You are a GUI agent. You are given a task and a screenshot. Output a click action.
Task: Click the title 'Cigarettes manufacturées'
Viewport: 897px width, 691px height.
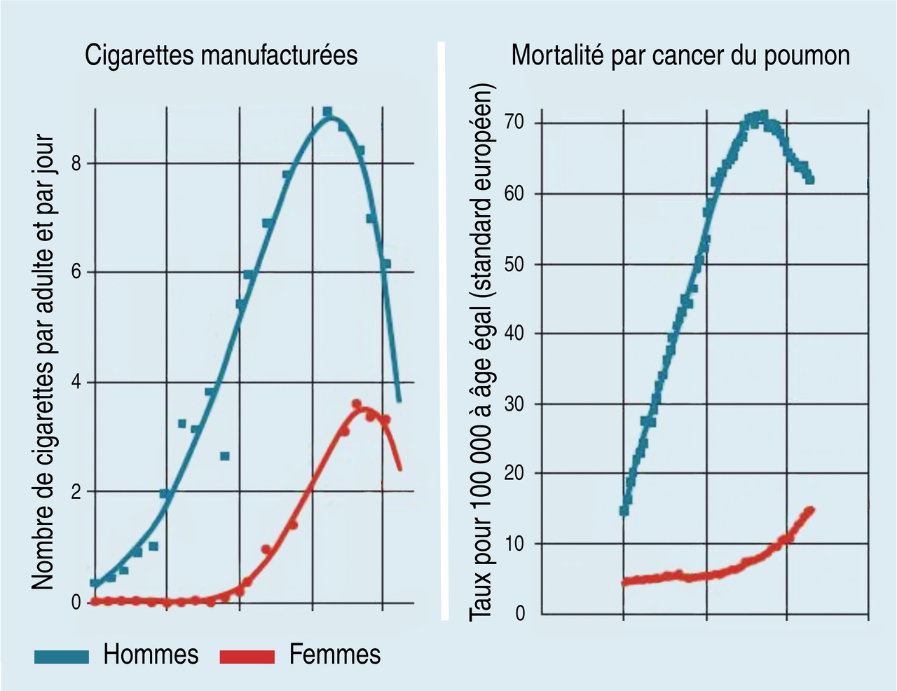pyautogui.click(x=221, y=55)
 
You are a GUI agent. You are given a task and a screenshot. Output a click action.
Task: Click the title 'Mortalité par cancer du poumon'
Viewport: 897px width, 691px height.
pyautogui.click(x=680, y=55)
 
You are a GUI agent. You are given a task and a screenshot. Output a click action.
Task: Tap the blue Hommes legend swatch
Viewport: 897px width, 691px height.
pyautogui.click(x=62, y=657)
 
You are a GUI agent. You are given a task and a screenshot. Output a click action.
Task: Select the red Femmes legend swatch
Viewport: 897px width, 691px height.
pyautogui.click(x=247, y=657)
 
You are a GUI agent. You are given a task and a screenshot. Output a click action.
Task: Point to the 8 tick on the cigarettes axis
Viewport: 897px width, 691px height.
pyautogui.click(x=76, y=163)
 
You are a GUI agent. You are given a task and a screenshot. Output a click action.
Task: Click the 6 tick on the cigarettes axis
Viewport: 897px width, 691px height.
pyautogui.click(x=76, y=272)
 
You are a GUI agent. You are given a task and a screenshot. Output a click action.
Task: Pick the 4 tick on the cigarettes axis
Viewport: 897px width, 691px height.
pyautogui.click(x=76, y=383)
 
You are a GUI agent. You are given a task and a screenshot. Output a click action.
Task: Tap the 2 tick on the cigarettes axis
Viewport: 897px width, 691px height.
pyautogui.click(x=76, y=492)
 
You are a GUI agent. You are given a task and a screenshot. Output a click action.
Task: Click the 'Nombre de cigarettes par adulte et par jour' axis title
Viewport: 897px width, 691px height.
pyautogui.click(x=43, y=361)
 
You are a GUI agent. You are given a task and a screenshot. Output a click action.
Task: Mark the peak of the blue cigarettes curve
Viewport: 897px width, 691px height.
pyautogui.click(x=328, y=116)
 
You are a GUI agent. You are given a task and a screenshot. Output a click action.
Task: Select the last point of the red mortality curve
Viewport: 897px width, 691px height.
pyautogui.click(x=811, y=509)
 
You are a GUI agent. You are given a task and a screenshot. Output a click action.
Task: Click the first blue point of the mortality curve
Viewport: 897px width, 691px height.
pyautogui.click(x=624, y=510)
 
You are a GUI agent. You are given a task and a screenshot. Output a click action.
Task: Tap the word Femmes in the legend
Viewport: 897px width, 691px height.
pyautogui.click(x=335, y=655)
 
